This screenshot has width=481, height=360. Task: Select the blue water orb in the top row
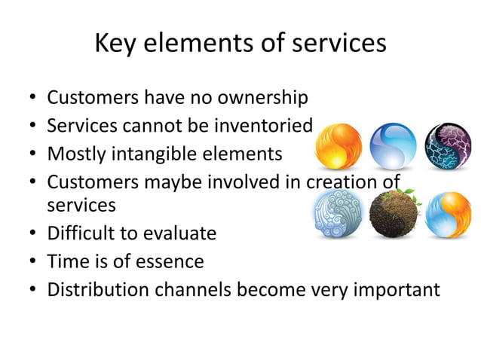393,147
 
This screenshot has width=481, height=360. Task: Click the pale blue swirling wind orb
337,215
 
